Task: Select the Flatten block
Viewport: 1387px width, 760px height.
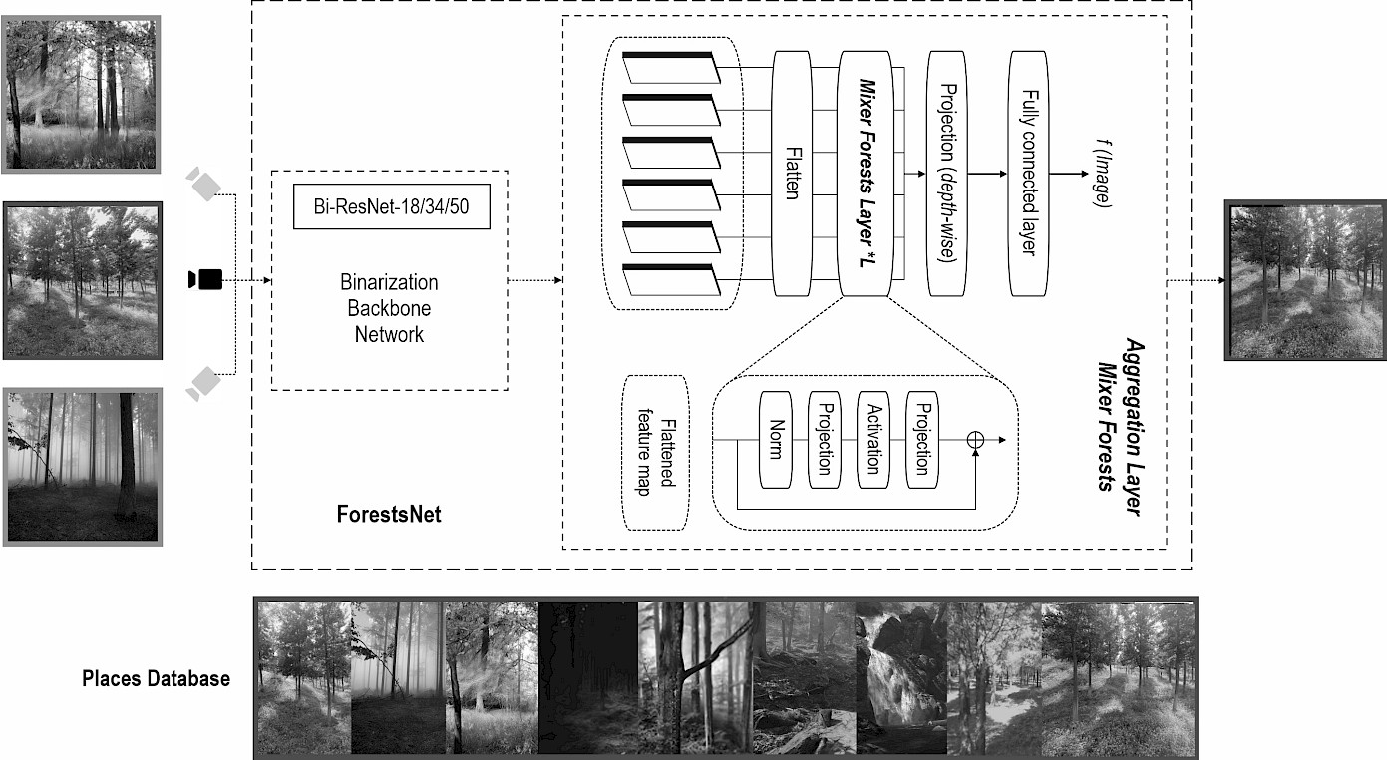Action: (792, 173)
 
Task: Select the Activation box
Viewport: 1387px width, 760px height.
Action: (873, 440)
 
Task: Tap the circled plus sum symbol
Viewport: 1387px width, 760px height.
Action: (976, 439)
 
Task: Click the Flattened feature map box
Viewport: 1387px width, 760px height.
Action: (654, 452)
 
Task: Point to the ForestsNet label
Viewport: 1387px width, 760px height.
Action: (389, 516)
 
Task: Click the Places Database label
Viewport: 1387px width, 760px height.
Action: (156, 679)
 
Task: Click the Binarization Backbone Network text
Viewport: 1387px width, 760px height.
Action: (389, 308)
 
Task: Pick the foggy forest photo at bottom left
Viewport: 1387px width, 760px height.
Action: (83, 467)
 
